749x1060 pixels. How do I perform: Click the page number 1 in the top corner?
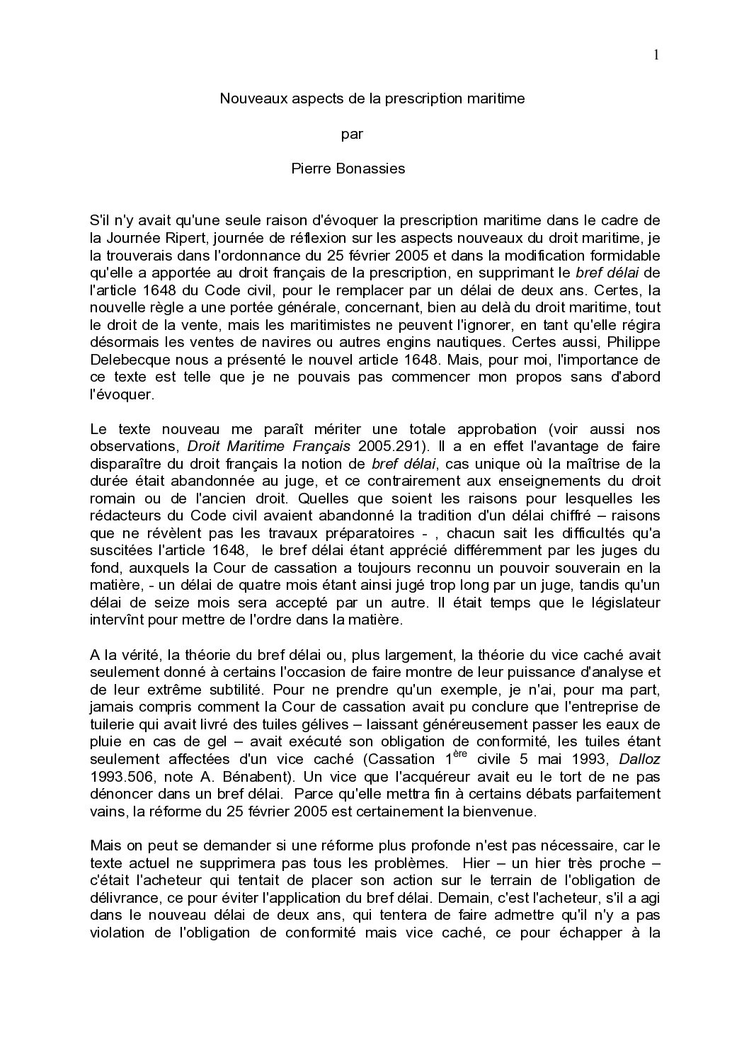[x=656, y=56]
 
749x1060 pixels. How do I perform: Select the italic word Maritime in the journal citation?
[x=253, y=446]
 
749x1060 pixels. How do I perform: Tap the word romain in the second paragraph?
[x=111, y=498]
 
